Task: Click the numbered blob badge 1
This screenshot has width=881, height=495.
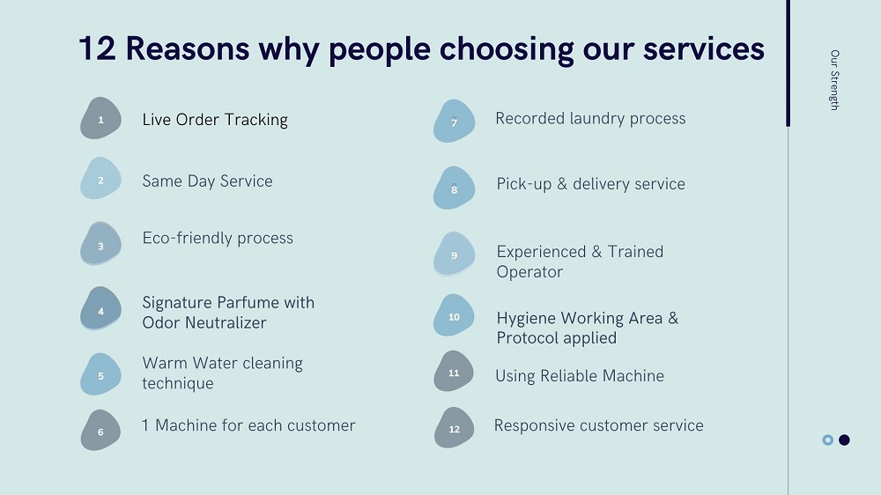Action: tap(100, 119)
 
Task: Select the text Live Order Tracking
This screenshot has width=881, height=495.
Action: tap(215, 120)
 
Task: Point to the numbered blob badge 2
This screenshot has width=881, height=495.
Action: tap(100, 180)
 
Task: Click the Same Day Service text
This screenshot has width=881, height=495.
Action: tap(207, 181)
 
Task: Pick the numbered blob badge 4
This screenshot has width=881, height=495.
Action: tap(100, 310)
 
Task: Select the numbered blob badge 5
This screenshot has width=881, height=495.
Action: tap(100, 375)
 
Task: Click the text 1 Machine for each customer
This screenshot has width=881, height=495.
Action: tap(248, 426)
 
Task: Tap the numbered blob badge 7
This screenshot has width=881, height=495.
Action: tap(454, 122)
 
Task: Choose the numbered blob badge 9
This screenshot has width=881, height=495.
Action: tap(454, 255)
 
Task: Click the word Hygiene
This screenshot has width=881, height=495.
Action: tap(526, 318)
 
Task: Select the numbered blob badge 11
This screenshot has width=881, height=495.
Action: tap(454, 373)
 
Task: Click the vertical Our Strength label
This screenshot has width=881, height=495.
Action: tap(833, 80)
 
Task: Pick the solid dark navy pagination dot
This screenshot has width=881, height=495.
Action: tap(844, 440)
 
